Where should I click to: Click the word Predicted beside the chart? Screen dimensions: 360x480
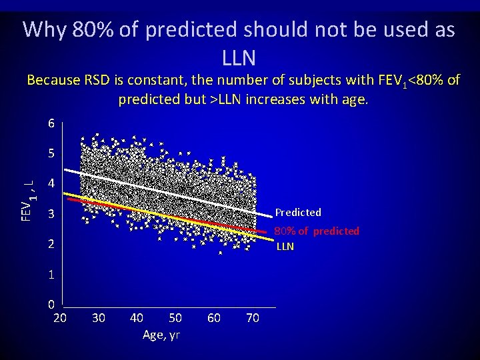click(x=298, y=213)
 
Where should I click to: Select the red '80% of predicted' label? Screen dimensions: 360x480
click(x=317, y=231)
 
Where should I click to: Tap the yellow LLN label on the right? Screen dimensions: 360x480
click(x=285, y=247)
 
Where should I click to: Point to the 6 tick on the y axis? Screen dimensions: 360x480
click(x=51, y=123)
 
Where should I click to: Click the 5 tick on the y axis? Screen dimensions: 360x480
click(x=51, y=153)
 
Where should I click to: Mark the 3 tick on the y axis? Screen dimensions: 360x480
click(x=51, y=215)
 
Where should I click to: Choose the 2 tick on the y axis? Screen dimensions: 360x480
click(x=51, y=245)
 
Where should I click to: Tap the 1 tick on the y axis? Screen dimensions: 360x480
click(x=51, y=275)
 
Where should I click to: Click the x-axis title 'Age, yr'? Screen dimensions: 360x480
click(x=161, y=335)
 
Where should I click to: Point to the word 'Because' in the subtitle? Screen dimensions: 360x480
click(x=54, y=81)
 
